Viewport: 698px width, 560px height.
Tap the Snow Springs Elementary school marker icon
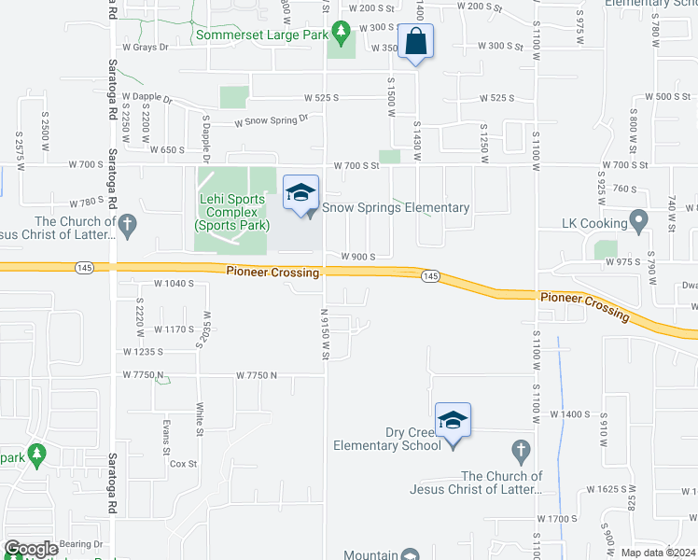[300, 193]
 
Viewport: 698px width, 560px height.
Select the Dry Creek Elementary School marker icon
[453, 421]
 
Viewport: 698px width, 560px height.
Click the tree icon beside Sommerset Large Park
[342, 35]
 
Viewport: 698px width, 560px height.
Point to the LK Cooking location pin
[639, 221]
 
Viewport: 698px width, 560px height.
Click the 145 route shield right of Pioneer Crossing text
[430, 275]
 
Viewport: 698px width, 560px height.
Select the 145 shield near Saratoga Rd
[82, 268]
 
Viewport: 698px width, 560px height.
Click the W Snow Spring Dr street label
[271, 121]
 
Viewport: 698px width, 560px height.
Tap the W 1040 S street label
[174, 282]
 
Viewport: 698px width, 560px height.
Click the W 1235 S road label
[143, 352]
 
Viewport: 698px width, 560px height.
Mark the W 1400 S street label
[571, 413]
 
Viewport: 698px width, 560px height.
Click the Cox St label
[183, 463]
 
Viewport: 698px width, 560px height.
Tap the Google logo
[31, 549]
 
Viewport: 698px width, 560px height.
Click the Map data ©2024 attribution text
[658, 553]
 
